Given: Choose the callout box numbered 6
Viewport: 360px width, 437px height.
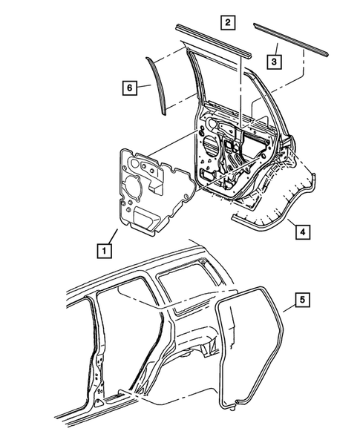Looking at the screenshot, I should click(x=128, y=88).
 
